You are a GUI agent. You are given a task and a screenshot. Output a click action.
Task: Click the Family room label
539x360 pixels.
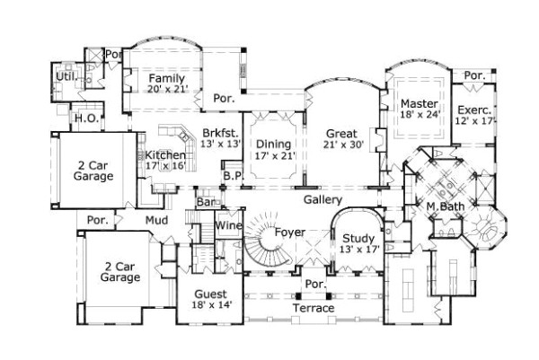tap(166, 78)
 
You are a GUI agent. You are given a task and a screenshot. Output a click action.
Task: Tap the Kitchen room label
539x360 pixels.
tap(165, 155)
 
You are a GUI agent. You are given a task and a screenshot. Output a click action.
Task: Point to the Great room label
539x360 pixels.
tap(341, 134)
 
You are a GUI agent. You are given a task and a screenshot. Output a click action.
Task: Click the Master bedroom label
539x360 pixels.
tap(419, 103)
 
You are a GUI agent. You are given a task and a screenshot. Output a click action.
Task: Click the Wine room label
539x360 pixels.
tap(229, 224)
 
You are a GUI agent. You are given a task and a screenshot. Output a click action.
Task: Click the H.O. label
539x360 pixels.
tap(86, 118)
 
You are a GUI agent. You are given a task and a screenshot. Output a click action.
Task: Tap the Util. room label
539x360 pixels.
tap(65, 77)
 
